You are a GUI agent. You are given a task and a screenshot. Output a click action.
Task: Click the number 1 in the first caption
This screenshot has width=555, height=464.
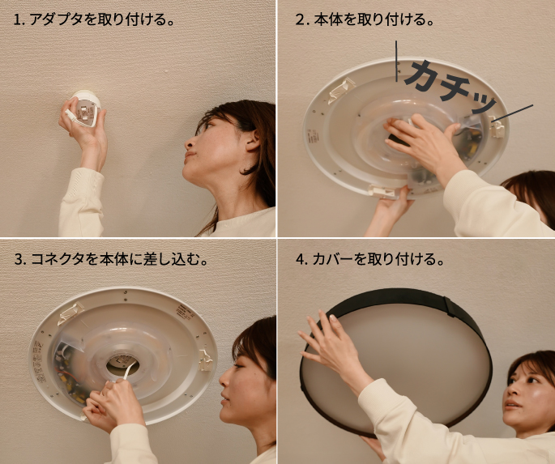17,19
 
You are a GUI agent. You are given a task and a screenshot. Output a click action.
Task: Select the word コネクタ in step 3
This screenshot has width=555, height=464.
58,259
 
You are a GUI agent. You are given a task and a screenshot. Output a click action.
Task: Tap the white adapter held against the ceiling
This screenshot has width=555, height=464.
85,108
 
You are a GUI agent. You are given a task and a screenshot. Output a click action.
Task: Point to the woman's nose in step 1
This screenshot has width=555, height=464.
189,143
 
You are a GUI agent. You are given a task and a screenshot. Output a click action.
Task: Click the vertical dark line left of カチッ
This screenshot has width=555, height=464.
396,62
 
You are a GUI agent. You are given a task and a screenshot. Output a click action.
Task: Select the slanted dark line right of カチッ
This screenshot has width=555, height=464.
513,113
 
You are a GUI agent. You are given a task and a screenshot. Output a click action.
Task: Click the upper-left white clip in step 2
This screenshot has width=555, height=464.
341,90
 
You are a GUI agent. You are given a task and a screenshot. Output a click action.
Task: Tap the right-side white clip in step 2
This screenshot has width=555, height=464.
496,126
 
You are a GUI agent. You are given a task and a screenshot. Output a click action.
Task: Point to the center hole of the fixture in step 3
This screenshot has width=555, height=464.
122,365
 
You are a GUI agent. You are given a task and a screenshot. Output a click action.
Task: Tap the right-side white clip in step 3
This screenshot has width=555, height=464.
206,360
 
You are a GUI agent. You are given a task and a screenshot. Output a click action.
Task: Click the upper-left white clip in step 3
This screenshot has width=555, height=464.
70,313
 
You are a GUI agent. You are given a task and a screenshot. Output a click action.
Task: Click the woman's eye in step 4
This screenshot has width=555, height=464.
530,380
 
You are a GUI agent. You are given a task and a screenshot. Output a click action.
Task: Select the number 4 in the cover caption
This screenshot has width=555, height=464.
301,260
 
